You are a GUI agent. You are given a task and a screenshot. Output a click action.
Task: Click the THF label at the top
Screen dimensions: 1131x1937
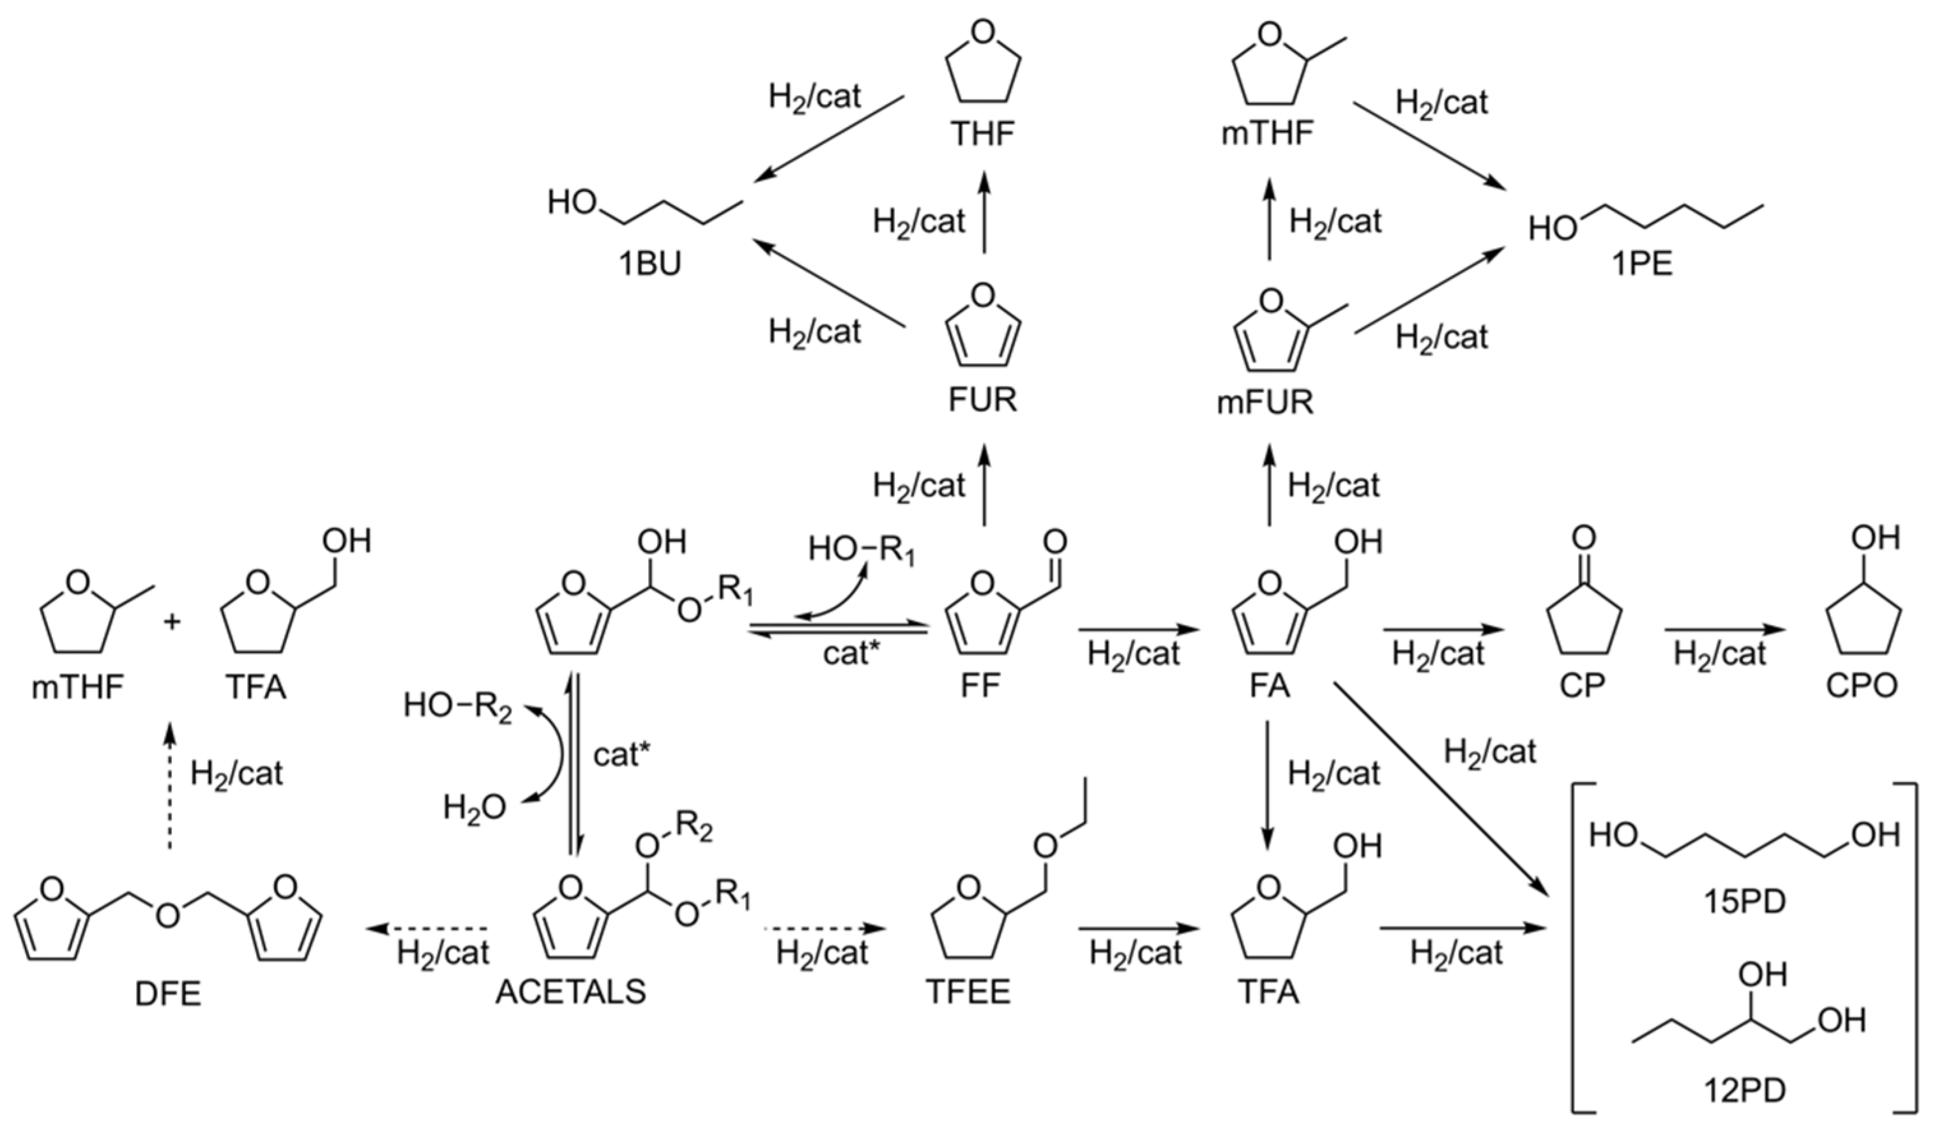[982, 133]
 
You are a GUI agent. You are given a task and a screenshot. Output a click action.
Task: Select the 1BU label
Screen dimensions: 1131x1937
[650, 264]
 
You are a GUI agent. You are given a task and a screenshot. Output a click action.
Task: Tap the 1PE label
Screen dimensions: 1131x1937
[1642, 264]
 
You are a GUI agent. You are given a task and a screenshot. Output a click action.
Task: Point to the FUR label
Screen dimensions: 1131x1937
[982, 400]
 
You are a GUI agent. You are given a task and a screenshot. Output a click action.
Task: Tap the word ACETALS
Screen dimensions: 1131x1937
[570, 992]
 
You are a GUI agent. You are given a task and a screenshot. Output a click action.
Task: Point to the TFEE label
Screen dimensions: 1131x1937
[968, 992]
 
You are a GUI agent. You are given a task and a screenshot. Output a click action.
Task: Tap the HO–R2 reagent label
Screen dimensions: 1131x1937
[458, 705]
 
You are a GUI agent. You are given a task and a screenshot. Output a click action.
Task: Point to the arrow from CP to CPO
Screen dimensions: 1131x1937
[1725, 629]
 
